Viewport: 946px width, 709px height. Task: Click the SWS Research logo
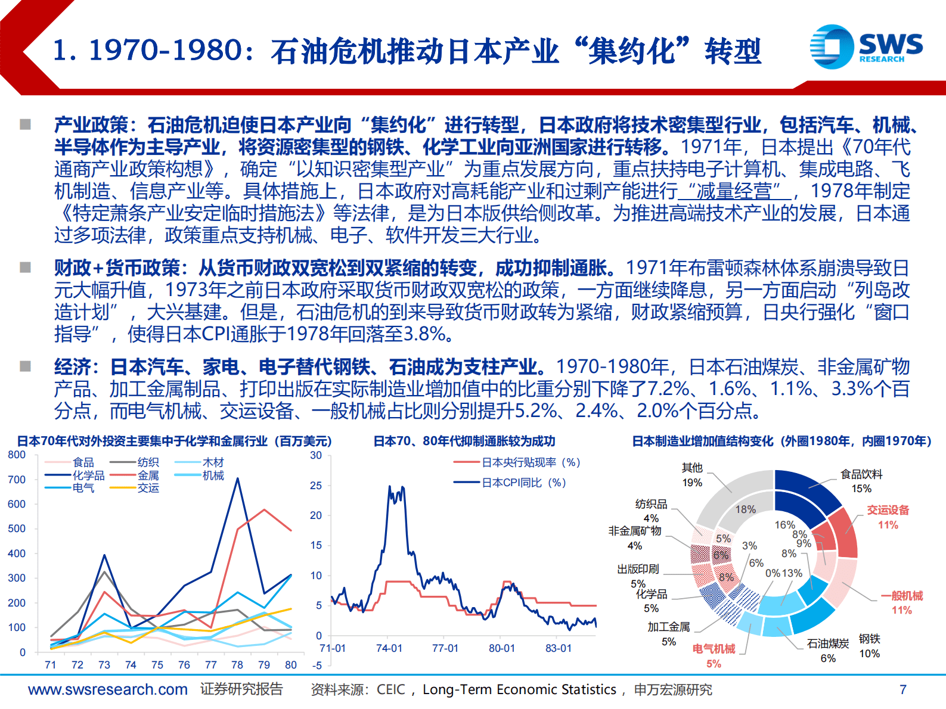point(866,46)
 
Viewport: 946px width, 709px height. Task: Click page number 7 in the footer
point(902,689)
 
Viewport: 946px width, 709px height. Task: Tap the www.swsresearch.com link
point(107,689)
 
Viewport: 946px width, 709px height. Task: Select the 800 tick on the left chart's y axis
point(17,455)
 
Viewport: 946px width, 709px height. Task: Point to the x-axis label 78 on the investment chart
point(237,665)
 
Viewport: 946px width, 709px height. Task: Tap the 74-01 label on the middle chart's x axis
point(389,648)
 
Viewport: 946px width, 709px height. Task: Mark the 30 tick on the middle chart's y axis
point(316,455)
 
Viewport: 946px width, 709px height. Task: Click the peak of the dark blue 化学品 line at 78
point(238,478)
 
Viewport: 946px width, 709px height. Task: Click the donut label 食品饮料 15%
point(861,481)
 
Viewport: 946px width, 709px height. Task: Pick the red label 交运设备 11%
point(888,517)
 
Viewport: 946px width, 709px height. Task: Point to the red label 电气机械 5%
point(714,655)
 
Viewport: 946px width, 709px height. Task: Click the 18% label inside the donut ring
point(745,509)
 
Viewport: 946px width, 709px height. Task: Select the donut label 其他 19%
point(692,475)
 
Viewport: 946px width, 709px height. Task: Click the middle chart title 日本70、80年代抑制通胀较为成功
point(464,441)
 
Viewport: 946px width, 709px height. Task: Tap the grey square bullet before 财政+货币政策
point(25,267)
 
